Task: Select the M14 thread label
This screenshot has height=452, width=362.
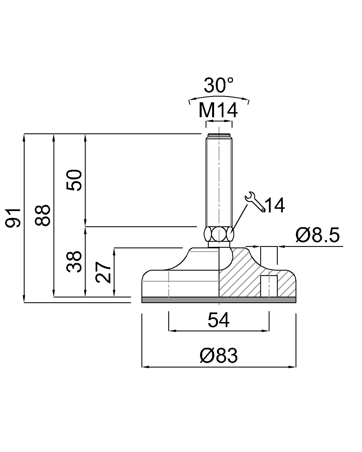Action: point(218,110)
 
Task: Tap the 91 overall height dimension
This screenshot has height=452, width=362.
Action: point(13,218)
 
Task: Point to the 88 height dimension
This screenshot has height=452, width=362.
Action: point(42,215)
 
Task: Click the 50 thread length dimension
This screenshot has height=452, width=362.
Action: point(74,180)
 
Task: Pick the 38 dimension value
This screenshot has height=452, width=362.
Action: point(74,262)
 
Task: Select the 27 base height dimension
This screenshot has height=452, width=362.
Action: point(103,272)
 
